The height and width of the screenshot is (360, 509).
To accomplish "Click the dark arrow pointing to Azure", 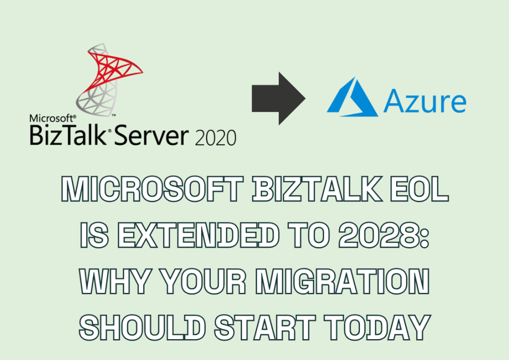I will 278,98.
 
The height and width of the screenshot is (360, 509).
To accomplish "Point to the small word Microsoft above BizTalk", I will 51,118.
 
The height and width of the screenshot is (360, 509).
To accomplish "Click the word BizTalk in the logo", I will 69,135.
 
